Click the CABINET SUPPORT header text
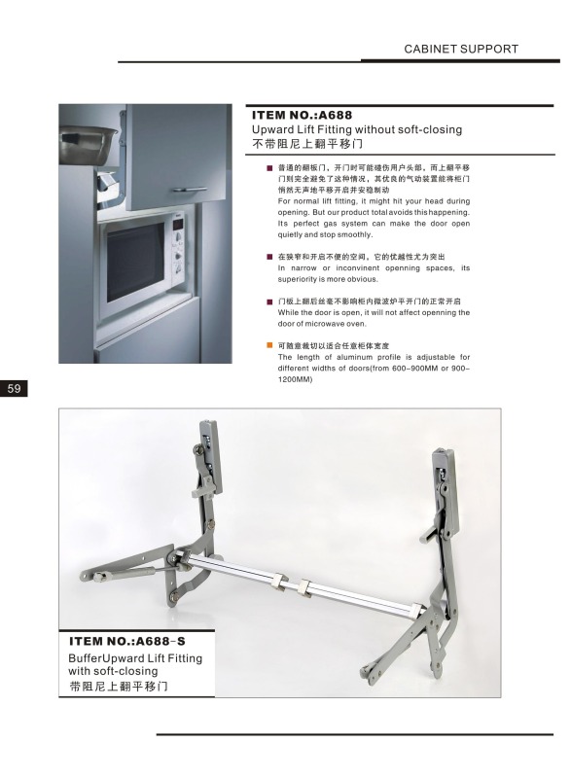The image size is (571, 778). point(460,49)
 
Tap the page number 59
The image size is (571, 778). point(15,389)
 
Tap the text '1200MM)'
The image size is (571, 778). point(295,380)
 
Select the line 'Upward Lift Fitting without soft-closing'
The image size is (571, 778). point(356,129)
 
